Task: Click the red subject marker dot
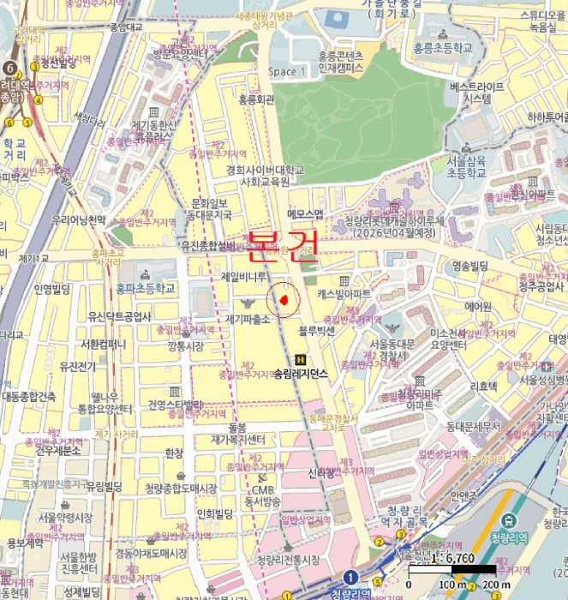click(281, 299)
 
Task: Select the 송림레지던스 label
click(301, 375)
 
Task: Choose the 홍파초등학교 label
click(146, 289)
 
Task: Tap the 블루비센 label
click(315, 329)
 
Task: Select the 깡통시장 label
click(186, 345)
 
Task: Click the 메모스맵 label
click(306, 213)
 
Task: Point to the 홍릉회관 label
click(255, 100)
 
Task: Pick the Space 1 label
click(286, 72)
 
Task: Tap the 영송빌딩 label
click(469, 266)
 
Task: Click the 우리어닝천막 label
click(77, 220)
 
